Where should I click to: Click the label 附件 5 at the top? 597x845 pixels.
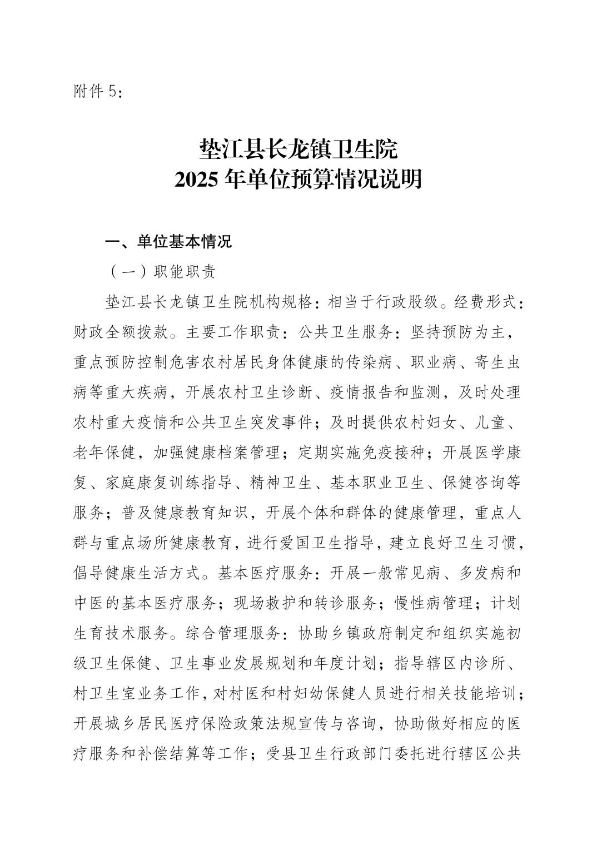click(96, 92)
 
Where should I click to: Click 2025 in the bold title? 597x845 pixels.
click(195, 180)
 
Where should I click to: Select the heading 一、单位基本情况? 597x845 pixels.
click(168, 242)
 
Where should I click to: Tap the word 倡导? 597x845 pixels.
click(88, 573)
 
